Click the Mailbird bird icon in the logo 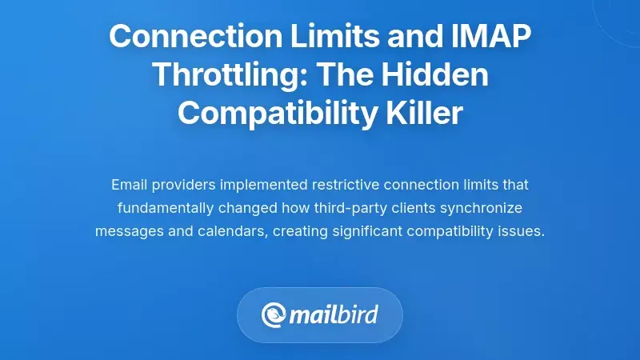coord(275,314)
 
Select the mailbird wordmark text coord(335,314)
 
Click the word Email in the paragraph coord(129,185)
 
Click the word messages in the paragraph coord(126,231)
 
